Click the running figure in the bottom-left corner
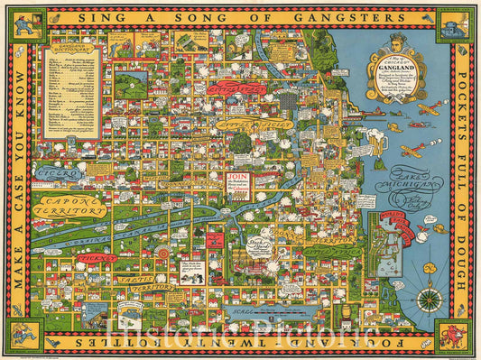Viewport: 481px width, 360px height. pyautogui.click(x=24, y=336)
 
